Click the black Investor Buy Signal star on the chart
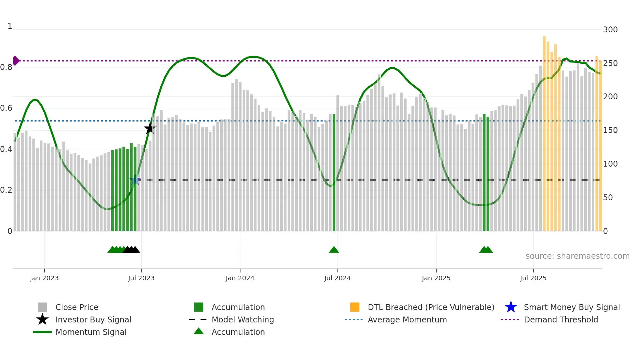point(150,128)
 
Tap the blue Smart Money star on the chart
point(135,180)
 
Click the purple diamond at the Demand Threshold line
point(16,61)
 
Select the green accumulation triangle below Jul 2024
point(334,250)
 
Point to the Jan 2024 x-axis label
point(240,278)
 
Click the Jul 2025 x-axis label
point(533,278)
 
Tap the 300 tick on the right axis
point(610,30)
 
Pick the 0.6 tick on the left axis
point(6,108)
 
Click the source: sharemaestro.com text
point(577,256)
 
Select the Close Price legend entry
point(77,307)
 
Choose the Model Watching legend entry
point(242,319)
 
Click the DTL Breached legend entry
point(431,307)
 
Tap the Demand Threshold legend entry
point(561,319)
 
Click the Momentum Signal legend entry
point(91,332)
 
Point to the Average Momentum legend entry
point(407,319)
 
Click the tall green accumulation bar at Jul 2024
point(334,173)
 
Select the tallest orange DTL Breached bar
point(544,134)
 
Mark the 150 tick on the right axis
point(610,130)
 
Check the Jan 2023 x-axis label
point(44,278)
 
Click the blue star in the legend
point(511,307)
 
